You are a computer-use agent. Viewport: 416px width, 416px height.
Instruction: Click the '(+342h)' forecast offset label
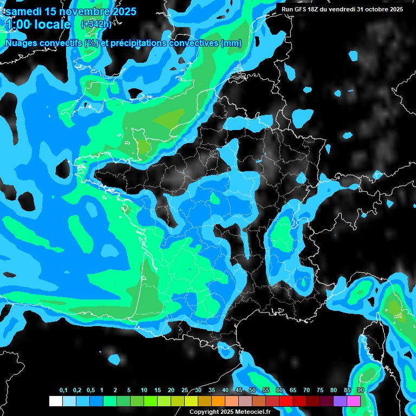click(x=96, y=24)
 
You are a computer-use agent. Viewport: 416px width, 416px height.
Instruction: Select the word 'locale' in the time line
click(x=53, y=24)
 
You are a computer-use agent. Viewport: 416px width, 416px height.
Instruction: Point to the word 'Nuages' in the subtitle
click(x=20, y=43)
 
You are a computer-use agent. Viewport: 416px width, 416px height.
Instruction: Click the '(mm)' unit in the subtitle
click(x=231, y=43)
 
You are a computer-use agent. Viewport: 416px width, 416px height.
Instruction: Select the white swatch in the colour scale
click(x=55, y=401)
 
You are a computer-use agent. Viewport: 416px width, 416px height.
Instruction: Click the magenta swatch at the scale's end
click(x=354, y=401)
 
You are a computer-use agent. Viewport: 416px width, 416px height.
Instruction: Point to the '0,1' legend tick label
click(x=63, y=391)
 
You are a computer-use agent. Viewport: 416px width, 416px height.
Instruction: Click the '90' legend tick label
click(x=361, y=391)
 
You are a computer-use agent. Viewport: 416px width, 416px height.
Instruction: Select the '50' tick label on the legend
click(x=252, y=391)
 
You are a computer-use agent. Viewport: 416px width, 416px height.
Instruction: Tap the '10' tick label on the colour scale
click(x=144, y=391)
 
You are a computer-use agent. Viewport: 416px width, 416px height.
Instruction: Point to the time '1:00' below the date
click(x=17, y=24)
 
